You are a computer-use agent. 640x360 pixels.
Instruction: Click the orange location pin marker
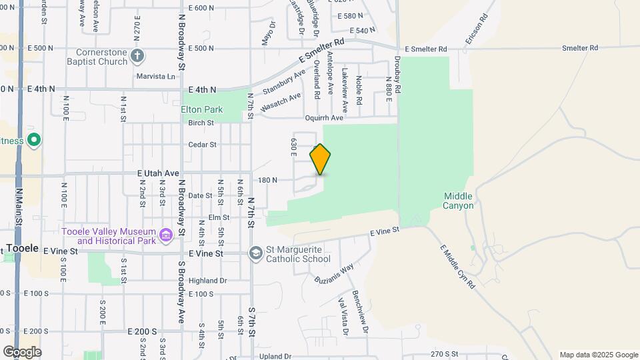click(x=320, y=159)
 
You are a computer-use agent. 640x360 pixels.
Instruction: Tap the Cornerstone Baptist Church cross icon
click(x=137, y=55)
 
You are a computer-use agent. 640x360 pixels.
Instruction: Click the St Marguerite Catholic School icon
click(x=255, y=253)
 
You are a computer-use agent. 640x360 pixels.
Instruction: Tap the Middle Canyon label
click(x=458, y=201)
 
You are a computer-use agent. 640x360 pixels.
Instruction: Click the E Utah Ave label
click(x=159, y=173)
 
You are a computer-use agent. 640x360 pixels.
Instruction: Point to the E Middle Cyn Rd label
click(x=457, y=267)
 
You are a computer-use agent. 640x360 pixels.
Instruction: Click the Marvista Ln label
click(x=155, y=76)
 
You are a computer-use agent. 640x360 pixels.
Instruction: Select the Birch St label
click(x=201, y=123)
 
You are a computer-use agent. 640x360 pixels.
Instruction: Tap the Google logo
click(x=21, y=351)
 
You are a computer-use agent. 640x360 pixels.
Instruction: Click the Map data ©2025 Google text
click(x=599, y=355)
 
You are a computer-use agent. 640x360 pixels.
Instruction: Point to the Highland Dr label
click(x=208, y=281)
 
